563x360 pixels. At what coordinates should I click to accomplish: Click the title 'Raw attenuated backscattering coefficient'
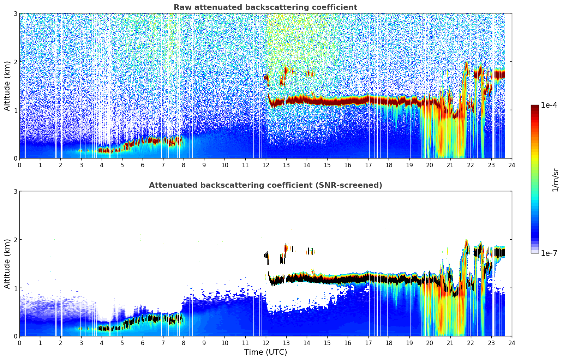tap(265, 7)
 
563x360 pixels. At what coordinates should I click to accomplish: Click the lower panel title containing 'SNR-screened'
tap(265, 185)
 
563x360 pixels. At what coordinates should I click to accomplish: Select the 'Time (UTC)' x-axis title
tap(265, 352)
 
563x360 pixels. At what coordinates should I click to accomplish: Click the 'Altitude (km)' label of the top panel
tap(7, 86)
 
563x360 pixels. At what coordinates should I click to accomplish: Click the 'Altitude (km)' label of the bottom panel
tap(7, 264)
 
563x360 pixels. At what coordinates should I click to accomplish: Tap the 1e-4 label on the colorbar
tap(549, 105)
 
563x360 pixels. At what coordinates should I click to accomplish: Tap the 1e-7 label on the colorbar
tap(549, 253)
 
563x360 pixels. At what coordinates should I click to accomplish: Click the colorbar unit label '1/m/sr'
tap(555, 180)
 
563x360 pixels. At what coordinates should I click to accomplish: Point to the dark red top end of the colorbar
tap(535, 107)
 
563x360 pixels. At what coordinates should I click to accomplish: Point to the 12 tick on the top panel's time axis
tap(265, 165)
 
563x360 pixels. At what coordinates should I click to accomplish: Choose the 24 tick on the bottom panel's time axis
tap(512, 343)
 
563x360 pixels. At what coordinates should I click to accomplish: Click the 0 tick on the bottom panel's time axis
tap(19, 343)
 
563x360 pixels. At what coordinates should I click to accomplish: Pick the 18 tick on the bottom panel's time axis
tap(389, 343)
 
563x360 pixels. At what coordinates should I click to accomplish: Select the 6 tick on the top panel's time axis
tap(143, 165)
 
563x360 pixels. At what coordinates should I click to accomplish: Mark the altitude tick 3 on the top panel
tap(16, 13)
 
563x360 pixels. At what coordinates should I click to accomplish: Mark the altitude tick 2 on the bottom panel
tap(16, 240)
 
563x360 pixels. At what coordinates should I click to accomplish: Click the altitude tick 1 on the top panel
tap(16, 110)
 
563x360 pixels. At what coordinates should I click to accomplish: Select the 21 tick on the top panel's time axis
tap(450, 165)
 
